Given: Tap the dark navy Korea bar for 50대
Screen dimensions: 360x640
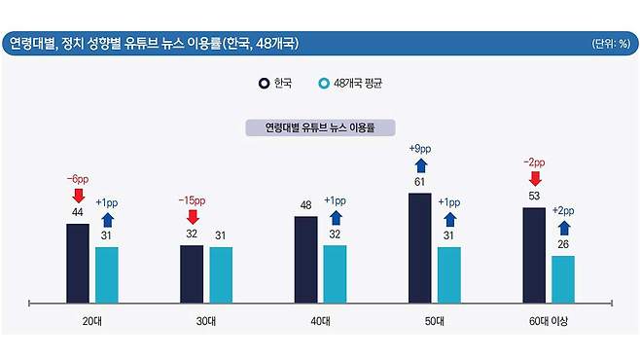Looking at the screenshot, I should coord(420,247).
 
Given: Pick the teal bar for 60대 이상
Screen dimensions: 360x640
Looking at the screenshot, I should coord(563,277).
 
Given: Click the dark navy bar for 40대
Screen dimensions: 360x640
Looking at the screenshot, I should coord(306,258).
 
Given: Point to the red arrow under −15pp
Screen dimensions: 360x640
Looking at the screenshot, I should coord(192,216).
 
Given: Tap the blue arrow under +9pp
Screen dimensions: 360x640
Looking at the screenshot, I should coord(420,164).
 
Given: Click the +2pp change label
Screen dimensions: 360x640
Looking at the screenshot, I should coord(564,209).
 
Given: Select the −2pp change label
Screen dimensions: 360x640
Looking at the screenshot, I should coord(534,162).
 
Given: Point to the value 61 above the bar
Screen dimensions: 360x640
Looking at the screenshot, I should coord(420,182).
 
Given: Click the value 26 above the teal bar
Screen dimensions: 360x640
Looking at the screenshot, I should coord(563,244).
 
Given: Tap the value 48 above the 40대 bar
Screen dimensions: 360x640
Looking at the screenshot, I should coord(306,205).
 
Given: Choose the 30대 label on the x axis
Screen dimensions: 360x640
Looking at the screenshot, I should coord(207,320).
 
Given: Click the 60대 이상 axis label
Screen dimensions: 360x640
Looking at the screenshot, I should coord(549,320).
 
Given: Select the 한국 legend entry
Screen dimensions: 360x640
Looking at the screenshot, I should coord(276,83).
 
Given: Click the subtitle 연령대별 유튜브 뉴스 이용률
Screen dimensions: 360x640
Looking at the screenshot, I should coord(319,126).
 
